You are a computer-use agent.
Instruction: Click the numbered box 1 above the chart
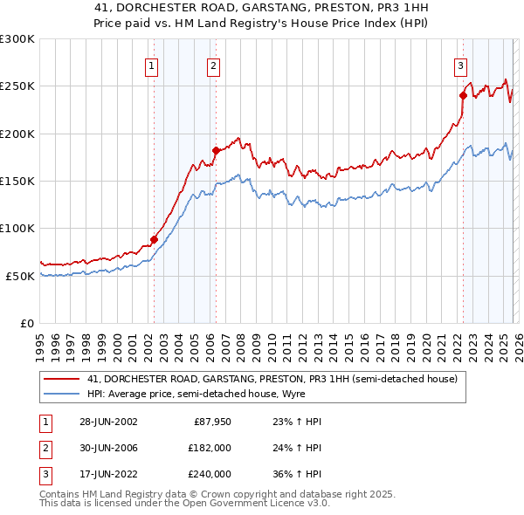tap(152, 65)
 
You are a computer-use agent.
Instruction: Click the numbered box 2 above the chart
tap(214, 65)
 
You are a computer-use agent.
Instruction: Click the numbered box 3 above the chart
tap(460, 65)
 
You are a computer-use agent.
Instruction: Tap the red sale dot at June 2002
tap(154, 239)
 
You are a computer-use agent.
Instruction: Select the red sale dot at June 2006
tap(216, 150)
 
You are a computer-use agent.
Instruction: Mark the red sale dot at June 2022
tap(462, 95)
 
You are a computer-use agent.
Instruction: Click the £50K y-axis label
tap(19, 275)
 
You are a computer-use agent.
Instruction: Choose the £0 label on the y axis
tap(26, 323)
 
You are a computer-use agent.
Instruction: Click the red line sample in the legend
tap(62, 379)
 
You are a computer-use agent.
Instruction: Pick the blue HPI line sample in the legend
tap(62, 394)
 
